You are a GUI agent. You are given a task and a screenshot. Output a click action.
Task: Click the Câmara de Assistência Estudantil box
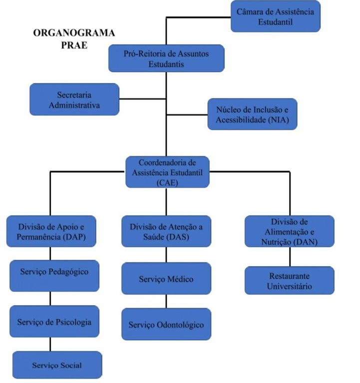276,16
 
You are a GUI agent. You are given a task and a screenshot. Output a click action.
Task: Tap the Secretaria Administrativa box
74,99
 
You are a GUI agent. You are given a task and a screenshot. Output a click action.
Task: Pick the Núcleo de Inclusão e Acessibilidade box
252,114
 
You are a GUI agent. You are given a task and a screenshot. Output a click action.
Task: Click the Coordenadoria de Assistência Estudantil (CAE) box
167,172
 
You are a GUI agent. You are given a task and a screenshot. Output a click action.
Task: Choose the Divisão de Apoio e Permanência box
51,231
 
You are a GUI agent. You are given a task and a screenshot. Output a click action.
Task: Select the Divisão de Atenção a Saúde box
166,231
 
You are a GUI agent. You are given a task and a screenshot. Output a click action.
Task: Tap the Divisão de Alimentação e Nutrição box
289,231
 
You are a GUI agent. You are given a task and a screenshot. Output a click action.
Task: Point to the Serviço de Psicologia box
54,322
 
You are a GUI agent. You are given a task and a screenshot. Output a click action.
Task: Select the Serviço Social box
57,365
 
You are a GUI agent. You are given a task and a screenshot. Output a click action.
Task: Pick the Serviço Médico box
166,279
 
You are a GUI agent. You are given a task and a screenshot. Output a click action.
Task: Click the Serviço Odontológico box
166,325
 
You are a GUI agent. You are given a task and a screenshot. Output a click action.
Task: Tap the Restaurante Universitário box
289,281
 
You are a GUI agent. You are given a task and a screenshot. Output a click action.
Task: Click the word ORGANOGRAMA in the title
74,33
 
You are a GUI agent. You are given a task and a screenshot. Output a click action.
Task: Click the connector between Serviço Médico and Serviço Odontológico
166,302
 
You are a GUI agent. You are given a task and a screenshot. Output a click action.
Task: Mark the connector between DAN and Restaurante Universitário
290,257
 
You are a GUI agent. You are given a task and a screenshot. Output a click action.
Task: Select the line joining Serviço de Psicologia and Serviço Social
50,345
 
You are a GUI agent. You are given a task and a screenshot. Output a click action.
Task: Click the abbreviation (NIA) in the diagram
273,120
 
